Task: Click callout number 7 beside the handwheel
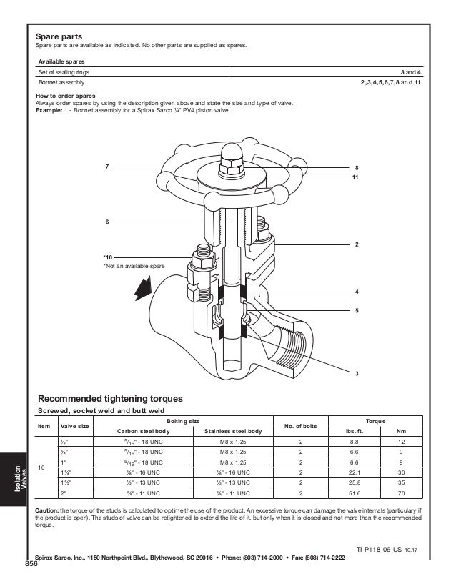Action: (x=106, y=167)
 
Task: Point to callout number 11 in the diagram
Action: (x=355, y=176)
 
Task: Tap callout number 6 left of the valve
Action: (x=106, y=222)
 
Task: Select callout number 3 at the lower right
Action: (x=356, y=374)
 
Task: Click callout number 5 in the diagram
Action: (x=356, y=311)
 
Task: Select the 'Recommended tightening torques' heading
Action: (x=110, y=397)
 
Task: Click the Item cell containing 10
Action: (x=40, y=467)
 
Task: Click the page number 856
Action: (x=30, y=564)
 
